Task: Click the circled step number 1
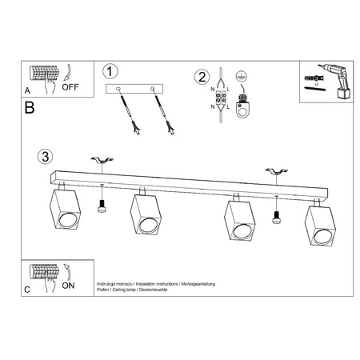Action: click(111, 72)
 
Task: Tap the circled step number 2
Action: click(202, 78)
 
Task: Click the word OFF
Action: click(70, 89)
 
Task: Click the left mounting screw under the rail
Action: click(102, 206)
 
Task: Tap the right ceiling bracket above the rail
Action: click(277, 171)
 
